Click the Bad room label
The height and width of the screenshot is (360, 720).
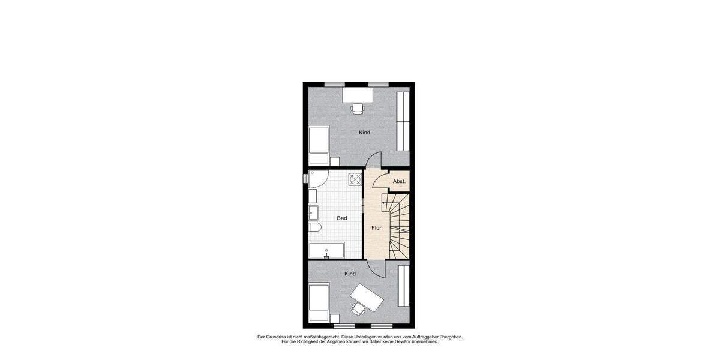tap(342, 218)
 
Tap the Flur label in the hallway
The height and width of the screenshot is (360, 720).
tap(376, 228)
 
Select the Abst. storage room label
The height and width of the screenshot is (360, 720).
tap(399, 181)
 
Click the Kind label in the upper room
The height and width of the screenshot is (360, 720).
tap(364, 133)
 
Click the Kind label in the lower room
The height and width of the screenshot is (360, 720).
tap(350, 274)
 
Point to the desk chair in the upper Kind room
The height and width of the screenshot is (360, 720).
tap(358, 108)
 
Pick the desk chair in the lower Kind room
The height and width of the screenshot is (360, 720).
tap(358, 308)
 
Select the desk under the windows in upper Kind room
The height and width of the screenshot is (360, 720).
tap(358, 95)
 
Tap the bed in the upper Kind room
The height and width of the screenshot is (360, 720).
tap(319, 145)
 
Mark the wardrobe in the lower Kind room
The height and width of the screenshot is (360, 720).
tap(403, 284)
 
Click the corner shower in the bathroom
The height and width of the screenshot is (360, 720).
tap(317, 179)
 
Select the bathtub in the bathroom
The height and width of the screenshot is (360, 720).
tap(327, 251)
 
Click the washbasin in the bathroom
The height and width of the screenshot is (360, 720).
tap(313, 212)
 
